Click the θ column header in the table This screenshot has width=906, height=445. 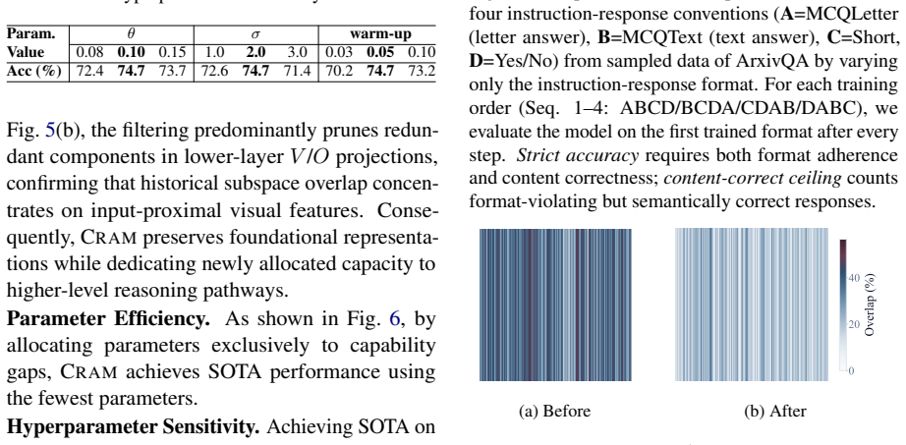click(131, 33)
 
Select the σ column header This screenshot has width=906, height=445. click(255, 34)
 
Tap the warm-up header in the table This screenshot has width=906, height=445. click(380, 34)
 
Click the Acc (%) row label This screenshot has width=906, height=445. click(33, 72)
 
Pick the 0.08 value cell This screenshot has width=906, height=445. click(89, 53)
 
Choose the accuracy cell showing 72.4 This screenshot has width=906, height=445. click(89, 72)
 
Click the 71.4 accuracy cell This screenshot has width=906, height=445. click(298, 72)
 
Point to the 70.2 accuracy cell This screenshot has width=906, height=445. click(339, 72)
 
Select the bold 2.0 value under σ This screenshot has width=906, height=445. click(255, 53)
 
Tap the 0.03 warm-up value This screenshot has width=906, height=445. click(339, 53)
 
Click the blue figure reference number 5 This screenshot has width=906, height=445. click(50, 131)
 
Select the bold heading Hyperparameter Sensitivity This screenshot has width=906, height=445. click(133, 427)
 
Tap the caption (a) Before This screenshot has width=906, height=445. click(554, 411)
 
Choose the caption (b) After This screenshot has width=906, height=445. click(775, 411)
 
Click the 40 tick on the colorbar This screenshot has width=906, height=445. click(855, 278)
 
